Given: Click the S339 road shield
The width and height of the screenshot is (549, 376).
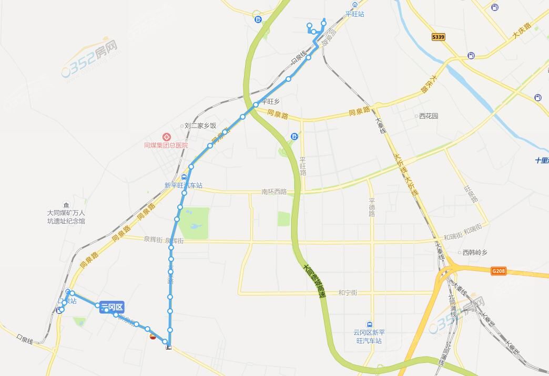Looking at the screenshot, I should point(438,37).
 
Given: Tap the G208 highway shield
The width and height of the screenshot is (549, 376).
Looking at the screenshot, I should point(499,271).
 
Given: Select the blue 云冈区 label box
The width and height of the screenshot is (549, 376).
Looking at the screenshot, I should point(111,308).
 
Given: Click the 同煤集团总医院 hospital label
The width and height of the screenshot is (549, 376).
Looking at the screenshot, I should point(166,145).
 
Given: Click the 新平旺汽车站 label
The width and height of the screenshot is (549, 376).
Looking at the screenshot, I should point(183,185).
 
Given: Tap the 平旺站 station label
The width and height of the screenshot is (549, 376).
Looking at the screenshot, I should point(354,14).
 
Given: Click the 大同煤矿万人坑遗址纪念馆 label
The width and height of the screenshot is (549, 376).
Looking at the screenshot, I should point(66,217).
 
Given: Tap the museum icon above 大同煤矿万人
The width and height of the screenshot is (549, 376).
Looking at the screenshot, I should point(65,204).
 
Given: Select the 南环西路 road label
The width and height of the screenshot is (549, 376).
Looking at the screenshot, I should point(274,192).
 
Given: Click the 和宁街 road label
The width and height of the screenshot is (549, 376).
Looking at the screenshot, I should point(348,293).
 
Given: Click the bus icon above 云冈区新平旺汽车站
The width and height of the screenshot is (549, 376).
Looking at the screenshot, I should point(370,325).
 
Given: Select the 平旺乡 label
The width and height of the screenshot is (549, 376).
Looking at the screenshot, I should point(270,102).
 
